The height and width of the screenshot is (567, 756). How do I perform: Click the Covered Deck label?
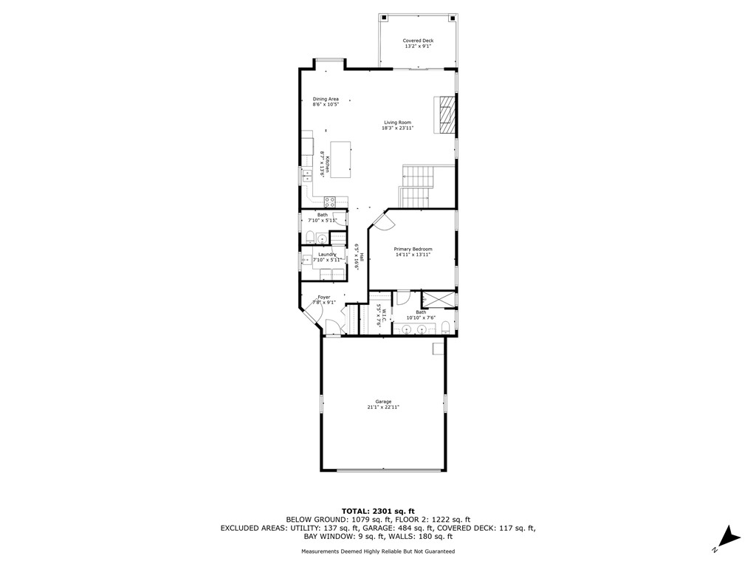(x=418, y=41)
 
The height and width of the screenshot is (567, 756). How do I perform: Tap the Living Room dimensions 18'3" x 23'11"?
(x=397, y=128)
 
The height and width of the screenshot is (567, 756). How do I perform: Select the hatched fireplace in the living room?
(x=445, y=115)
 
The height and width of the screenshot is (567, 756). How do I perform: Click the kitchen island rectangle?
(x=340, y=159)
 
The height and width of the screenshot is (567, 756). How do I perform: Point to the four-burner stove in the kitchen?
(x=331, y=200)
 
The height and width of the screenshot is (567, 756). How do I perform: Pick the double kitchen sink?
(x=305, y=176)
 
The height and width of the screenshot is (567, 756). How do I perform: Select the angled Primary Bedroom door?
(x=378, y=219)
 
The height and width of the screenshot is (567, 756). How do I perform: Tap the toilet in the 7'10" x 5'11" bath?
(x=311, y=237)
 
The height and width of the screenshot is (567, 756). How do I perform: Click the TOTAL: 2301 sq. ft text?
(x=377, y=511)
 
